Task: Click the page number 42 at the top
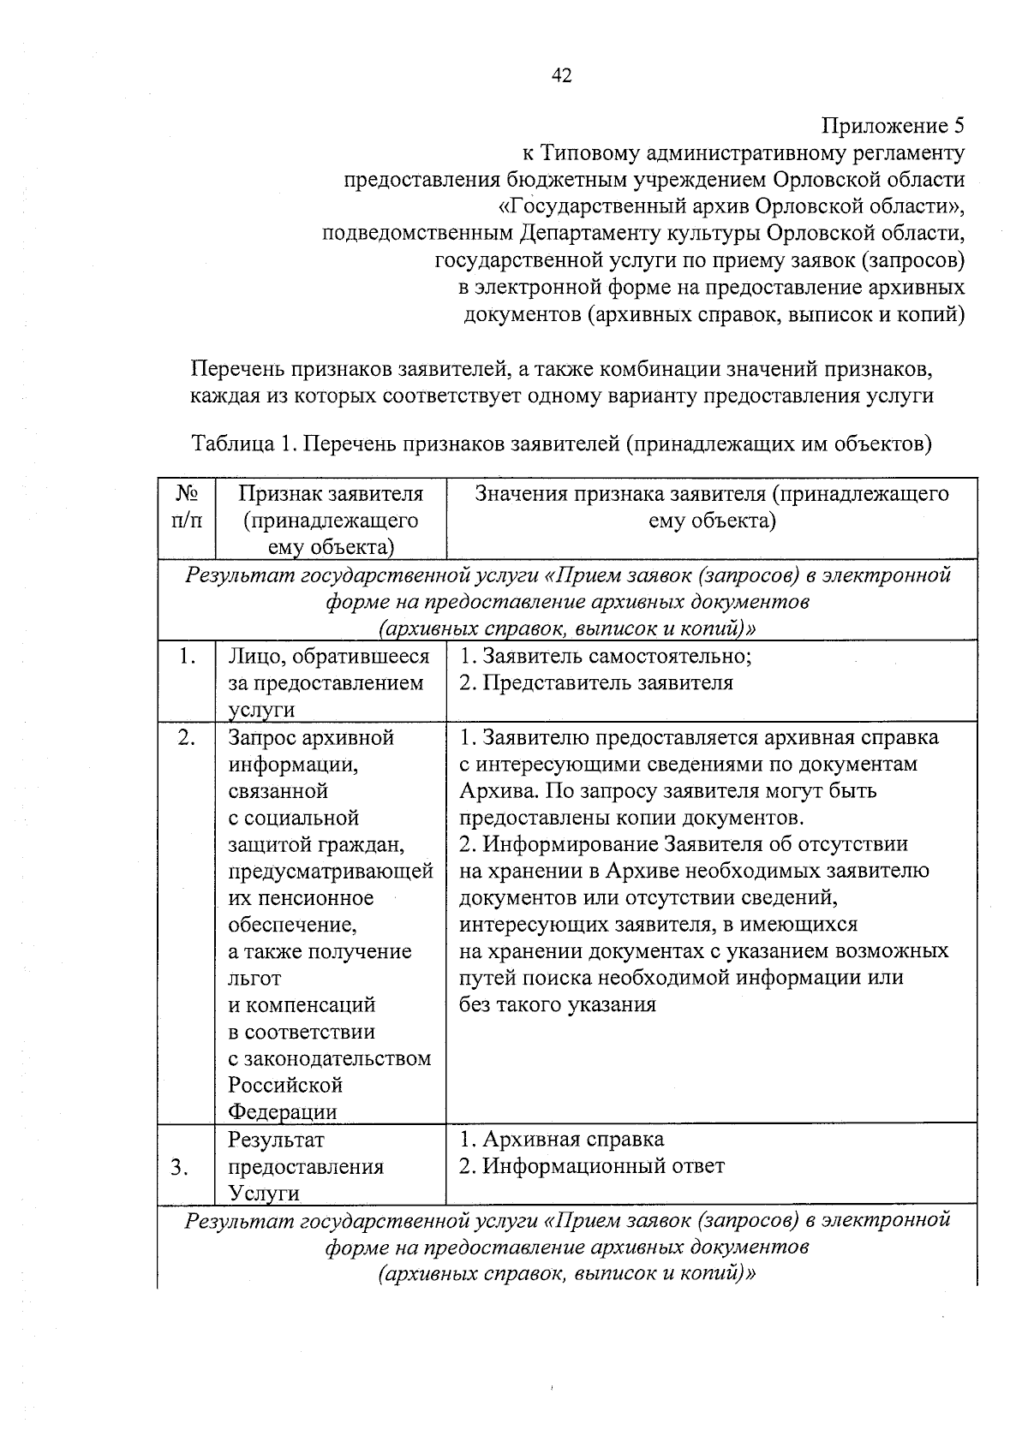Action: [x=562, y=75]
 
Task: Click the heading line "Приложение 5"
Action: [x=893, y=127]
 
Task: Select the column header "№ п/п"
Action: [x=188, y=507]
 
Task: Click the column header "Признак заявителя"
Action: [x=331, y=494]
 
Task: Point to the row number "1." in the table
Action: [x=187, y=657]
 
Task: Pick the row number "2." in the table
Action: [x=187, y=738]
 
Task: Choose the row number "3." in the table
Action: [x=180, y=1167]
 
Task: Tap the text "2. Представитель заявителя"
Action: [x=596, y=683]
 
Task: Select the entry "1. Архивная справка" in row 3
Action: [x=562, y=1140]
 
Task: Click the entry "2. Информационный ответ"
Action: [x=592, y=1166]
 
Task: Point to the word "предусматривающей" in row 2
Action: [x=331, y=872]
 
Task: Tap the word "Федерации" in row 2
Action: [x=283, y=1112]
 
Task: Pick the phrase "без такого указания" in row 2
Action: [x=558, y=1005]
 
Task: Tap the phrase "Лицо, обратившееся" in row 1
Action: [x=329, y=657]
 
